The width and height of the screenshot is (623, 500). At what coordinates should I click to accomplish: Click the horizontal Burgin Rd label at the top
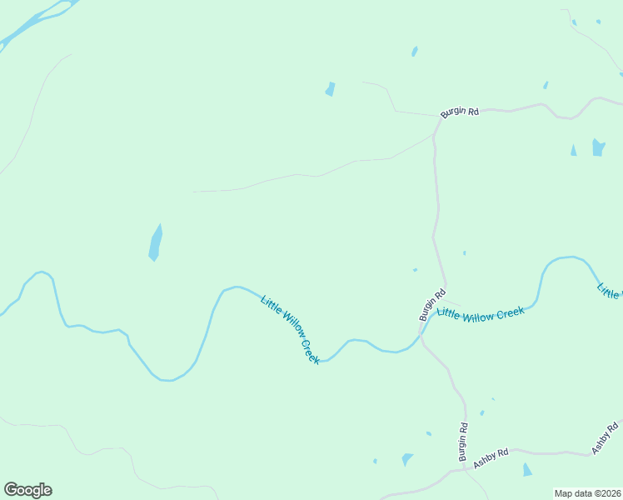click(x=460, y=112)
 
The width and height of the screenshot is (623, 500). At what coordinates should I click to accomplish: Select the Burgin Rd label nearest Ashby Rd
click(x=463, y=442)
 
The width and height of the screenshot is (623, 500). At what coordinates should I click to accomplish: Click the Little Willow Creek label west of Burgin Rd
click(x=290, y=329)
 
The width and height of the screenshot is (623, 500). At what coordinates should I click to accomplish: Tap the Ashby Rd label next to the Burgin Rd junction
click(x=491, y=457)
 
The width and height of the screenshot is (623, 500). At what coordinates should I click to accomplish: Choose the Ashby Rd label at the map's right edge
click(x=607, y=437)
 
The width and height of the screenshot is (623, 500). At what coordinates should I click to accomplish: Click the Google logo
click(x=27, y=490)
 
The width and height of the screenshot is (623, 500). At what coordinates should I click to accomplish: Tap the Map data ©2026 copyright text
click(x=587, y=493)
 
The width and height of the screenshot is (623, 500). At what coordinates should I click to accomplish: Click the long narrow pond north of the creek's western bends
click(x=155, y=242)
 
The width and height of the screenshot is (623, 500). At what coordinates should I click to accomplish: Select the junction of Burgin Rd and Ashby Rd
click(x=465, y=469)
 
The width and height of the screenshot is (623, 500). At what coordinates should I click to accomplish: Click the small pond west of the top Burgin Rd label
click(x=330, y=89)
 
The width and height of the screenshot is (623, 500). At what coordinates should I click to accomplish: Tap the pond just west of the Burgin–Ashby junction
click(x=406, y=459)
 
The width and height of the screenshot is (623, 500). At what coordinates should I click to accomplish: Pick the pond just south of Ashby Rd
click(x=527, y=470)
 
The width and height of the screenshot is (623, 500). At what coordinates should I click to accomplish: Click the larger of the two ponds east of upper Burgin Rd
click(x=598, y=147)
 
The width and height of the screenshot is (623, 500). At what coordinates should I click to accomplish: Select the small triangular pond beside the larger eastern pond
click(x=573, y=150)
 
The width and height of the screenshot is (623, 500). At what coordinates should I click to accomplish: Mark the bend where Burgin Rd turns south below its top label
click(x=435, y=133)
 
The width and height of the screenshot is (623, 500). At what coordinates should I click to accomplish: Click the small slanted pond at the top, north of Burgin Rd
click(x=415, y=52)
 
